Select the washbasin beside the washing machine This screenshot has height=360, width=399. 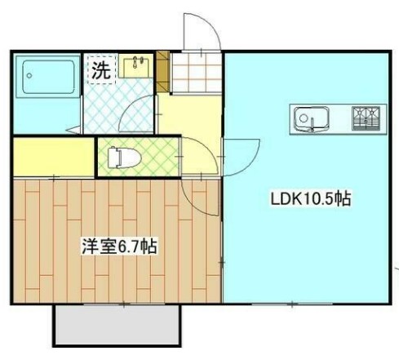point(137,66)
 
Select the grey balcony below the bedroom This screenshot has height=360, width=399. point(117,327)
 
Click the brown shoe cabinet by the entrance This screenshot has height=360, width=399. point(162,70)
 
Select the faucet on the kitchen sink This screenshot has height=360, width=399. point(311,126)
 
